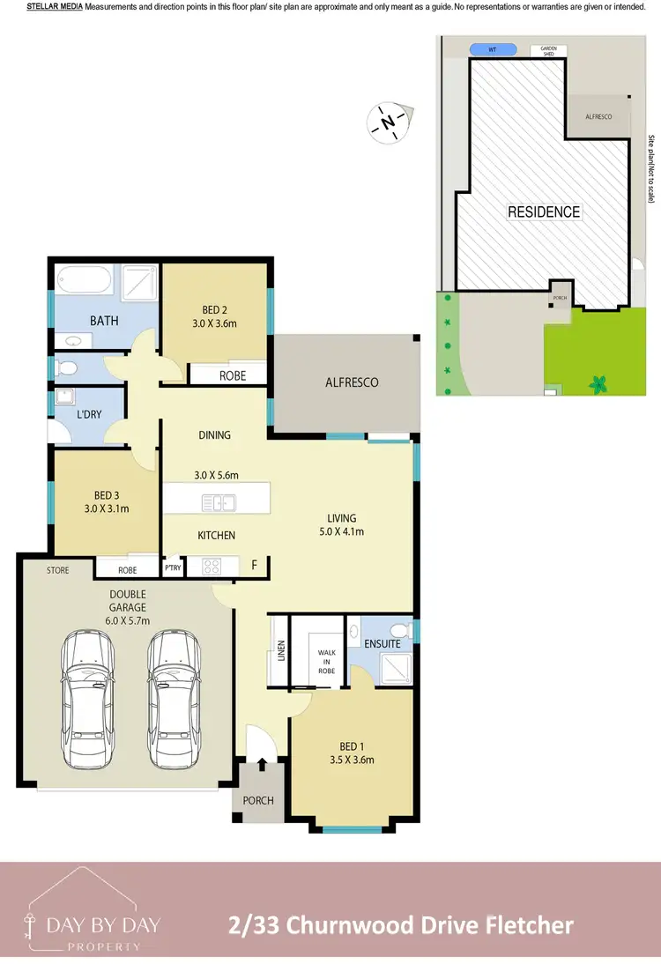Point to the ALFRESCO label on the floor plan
[352, 382]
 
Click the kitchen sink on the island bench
[216, 503]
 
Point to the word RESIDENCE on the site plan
[544, 212]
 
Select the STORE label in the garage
[58, 570]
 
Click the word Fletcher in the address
[526, 925]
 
